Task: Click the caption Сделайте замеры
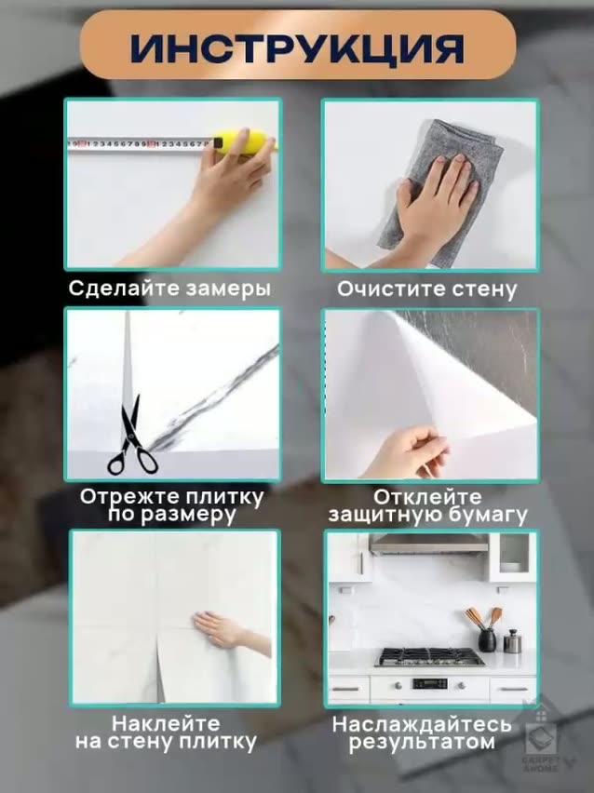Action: click(x=169, y=289)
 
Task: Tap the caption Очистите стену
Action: click(x=426, y=289)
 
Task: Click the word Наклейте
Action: click(x=166, y=722)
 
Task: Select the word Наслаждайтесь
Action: click(x=422, y=723)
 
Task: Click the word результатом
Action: click(x=422, y=743)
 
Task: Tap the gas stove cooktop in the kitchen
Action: click(x=429, y=657)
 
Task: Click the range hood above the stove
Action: click(x=428, y=544)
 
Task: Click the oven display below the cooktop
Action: click(x=428, y=683)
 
